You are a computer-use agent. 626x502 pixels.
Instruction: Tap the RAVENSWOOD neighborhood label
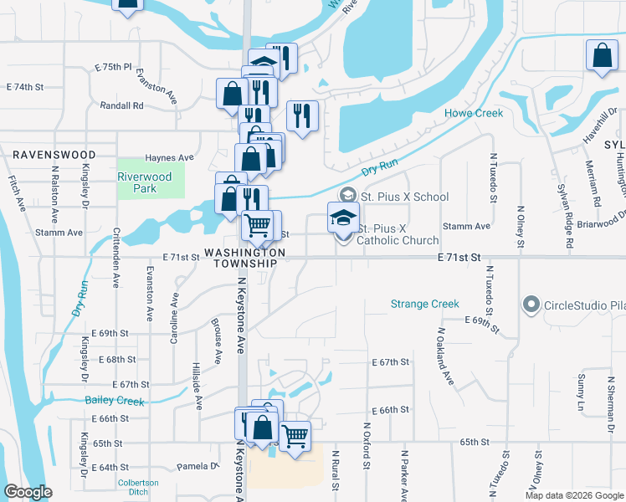coord(54,155)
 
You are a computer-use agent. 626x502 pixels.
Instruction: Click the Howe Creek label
coord(474,113)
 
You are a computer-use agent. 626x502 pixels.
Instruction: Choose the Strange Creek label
coord(425,304)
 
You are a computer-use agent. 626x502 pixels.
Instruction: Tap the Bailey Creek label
coord(115,401)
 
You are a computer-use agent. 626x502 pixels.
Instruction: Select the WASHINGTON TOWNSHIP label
coord(244,258)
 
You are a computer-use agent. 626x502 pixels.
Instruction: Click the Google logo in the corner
coord(28,492)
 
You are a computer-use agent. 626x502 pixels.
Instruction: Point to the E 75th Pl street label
coord(114,66)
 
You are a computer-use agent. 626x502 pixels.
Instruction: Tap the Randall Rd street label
coord(121,105)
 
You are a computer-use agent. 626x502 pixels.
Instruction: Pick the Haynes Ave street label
coord(169,157)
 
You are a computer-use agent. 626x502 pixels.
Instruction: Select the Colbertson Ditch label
coord(138,487)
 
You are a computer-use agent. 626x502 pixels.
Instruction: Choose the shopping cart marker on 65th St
coord(294,434)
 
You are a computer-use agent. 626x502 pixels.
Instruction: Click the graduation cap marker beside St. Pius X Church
coord(343,217)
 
